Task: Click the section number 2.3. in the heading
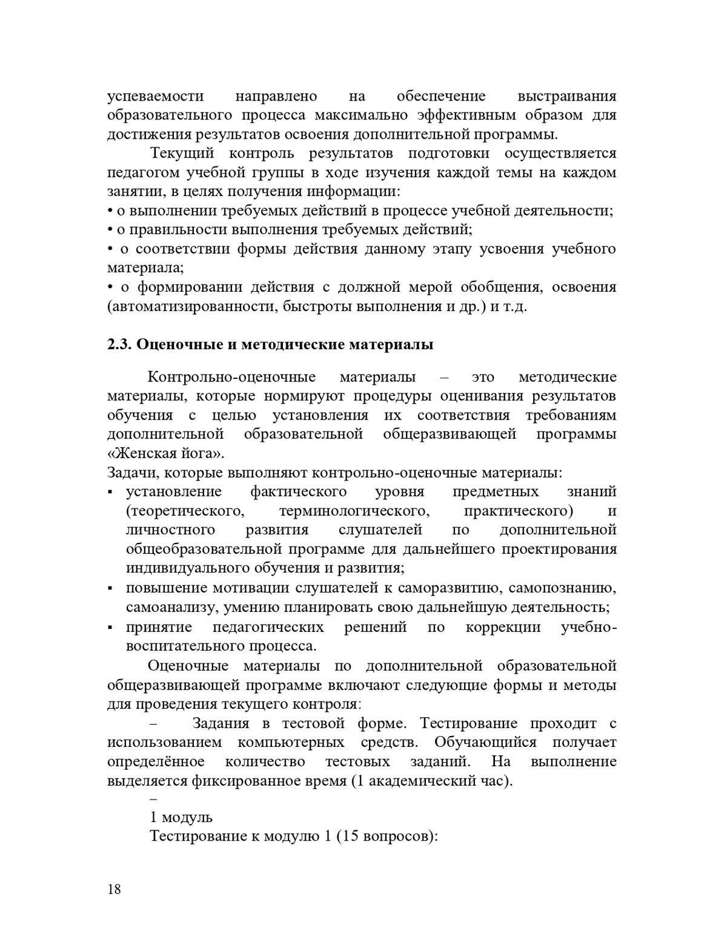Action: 119,345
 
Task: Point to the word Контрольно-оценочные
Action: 232,377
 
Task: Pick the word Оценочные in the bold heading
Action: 176,345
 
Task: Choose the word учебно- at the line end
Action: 589,627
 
